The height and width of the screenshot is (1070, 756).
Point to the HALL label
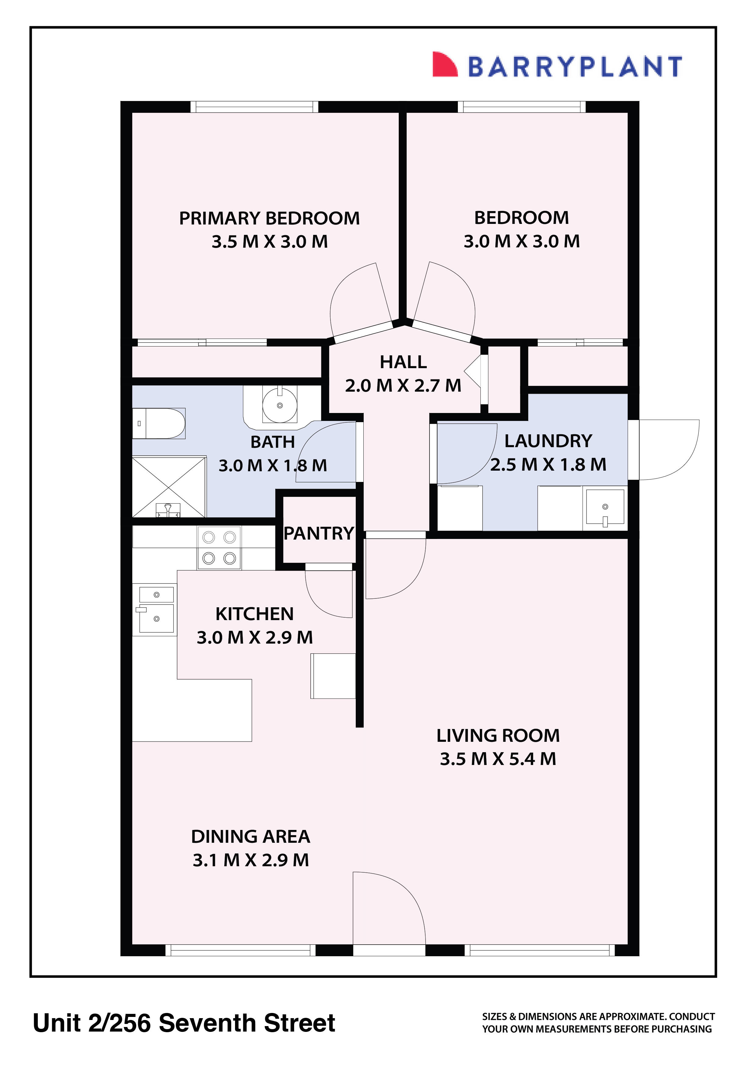(x=403, y=362)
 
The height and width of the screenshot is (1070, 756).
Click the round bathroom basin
(x=280, y=405)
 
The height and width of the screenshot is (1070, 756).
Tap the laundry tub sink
(x=604, y=508)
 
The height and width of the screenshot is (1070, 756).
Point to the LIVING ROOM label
(x=497, y=735)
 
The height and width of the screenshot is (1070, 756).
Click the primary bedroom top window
(x=254, y=107)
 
